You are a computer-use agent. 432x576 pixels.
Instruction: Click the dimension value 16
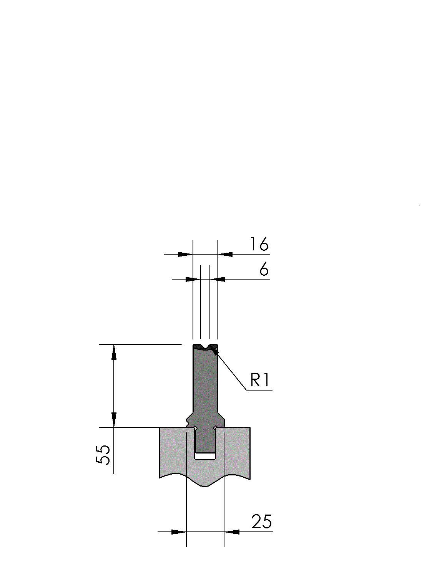point(259,244)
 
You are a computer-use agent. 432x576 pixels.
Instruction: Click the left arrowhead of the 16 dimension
point(185,254)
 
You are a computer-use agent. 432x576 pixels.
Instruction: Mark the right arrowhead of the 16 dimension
point(225,254)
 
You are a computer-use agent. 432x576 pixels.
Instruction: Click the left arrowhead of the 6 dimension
point(193,279)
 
